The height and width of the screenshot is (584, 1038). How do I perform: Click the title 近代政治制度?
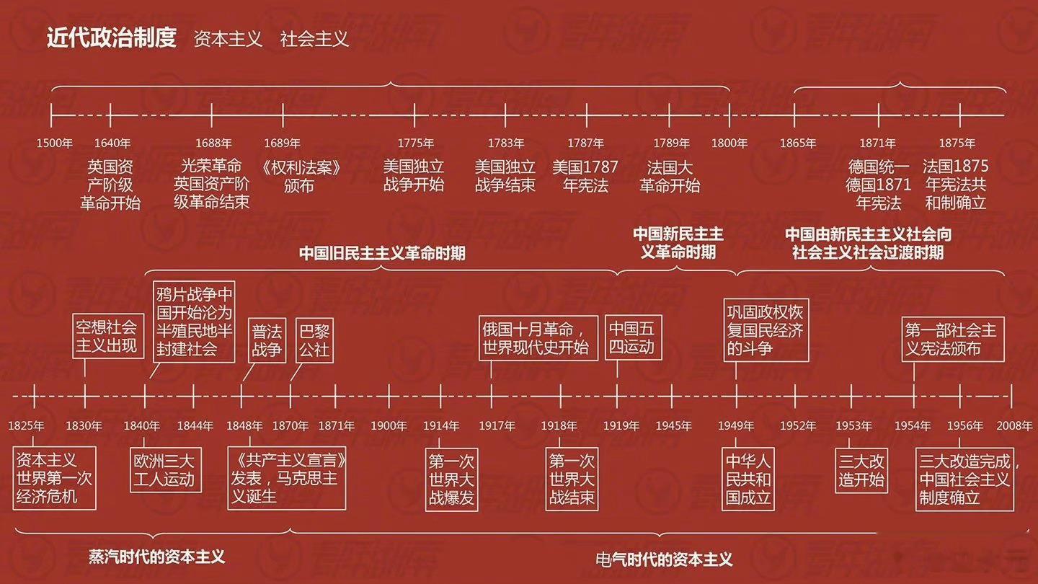[x=112, y=37]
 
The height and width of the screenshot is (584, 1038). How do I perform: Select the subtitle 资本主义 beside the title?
[x=228, y=39]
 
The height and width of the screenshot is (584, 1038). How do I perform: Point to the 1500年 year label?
[x=55, y=143]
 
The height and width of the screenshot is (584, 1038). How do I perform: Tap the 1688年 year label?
[x=213, y=143]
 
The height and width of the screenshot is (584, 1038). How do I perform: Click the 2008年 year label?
[x=1014, y=425]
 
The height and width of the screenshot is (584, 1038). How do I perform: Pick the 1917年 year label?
[x=497, y=425]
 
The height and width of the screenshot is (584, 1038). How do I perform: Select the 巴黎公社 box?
[x=314, y=340]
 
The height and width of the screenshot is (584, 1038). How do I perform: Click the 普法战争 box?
[x=267, y=340]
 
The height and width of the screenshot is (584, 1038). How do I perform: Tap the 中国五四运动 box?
[x=633, y=337]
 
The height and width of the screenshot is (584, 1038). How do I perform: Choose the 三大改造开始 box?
[x=861, y=470]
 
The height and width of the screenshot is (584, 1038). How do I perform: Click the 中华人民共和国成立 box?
[x=748, y=479]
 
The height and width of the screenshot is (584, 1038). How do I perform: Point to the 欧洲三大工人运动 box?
[x=166, y=470]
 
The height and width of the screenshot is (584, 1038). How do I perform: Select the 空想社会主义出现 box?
[x=108, y=335]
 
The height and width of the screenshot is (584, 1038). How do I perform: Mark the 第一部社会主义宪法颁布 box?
[x=953, y=340]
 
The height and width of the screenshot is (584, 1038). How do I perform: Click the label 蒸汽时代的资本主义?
[x=156, y=557]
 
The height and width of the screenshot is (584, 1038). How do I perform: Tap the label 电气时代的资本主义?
[x=664, y=559]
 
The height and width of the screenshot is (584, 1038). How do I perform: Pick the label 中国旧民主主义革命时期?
[x=382, y=253]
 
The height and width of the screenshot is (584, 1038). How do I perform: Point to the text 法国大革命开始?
[x=670, y=177]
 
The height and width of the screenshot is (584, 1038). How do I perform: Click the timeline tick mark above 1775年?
[x=414, y=115]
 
